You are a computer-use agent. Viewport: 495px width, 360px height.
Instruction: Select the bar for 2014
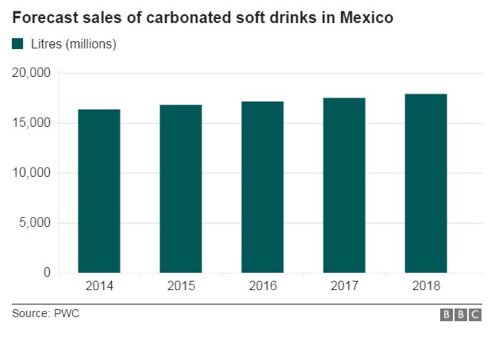point(99,191)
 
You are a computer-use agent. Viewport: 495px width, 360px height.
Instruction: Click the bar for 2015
point(181,189)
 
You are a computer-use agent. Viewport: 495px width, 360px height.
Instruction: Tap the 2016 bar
point(263,187)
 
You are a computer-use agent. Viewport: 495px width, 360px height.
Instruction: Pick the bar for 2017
point(345,185)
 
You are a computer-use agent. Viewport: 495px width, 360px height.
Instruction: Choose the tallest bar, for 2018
point(426,183)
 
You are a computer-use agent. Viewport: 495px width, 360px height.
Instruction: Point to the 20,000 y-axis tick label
point(31,73)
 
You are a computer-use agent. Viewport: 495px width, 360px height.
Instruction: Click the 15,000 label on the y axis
point(31,123)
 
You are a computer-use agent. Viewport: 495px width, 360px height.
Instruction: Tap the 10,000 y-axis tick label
point(31,173)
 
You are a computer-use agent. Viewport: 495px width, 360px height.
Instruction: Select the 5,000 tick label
point(35,223)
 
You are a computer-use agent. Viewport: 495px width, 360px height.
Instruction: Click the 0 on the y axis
point(47,272)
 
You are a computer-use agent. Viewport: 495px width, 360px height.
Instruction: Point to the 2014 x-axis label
point(99,286)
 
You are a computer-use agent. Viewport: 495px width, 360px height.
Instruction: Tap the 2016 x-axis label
point(263,286)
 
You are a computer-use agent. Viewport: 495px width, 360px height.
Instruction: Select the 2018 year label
point(426,286)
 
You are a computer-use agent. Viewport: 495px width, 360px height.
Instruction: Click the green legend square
point(17,43)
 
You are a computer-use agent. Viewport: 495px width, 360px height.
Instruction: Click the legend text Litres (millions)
point(74,44)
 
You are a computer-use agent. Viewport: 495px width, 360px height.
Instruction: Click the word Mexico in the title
point(367,17)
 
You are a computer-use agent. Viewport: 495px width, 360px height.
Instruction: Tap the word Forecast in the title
point(45,17)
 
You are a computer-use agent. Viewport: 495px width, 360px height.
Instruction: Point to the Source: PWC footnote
point(46,314)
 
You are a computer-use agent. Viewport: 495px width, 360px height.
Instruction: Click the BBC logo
point(461,315)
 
